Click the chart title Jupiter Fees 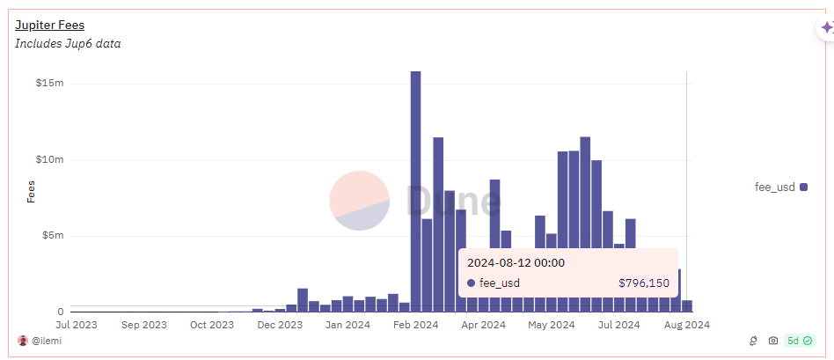[49, 25]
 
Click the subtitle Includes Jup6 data [68, 44]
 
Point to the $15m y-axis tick [49, 84]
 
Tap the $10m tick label [49, 160]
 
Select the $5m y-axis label [52, 235]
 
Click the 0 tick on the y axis [61, 312]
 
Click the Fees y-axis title [31, 192]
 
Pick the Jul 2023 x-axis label [77, 324]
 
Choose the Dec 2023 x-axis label [280, 324]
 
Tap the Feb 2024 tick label [416, 324]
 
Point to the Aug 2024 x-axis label [688, 324]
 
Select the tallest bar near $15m [415, 191]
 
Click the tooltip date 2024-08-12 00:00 [516, 262]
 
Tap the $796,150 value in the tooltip [644, 283]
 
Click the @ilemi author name [47, 341]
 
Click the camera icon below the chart [772, 341]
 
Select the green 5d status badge [800, 341]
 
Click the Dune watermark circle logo [360, 201]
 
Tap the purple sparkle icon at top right [827, 27]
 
